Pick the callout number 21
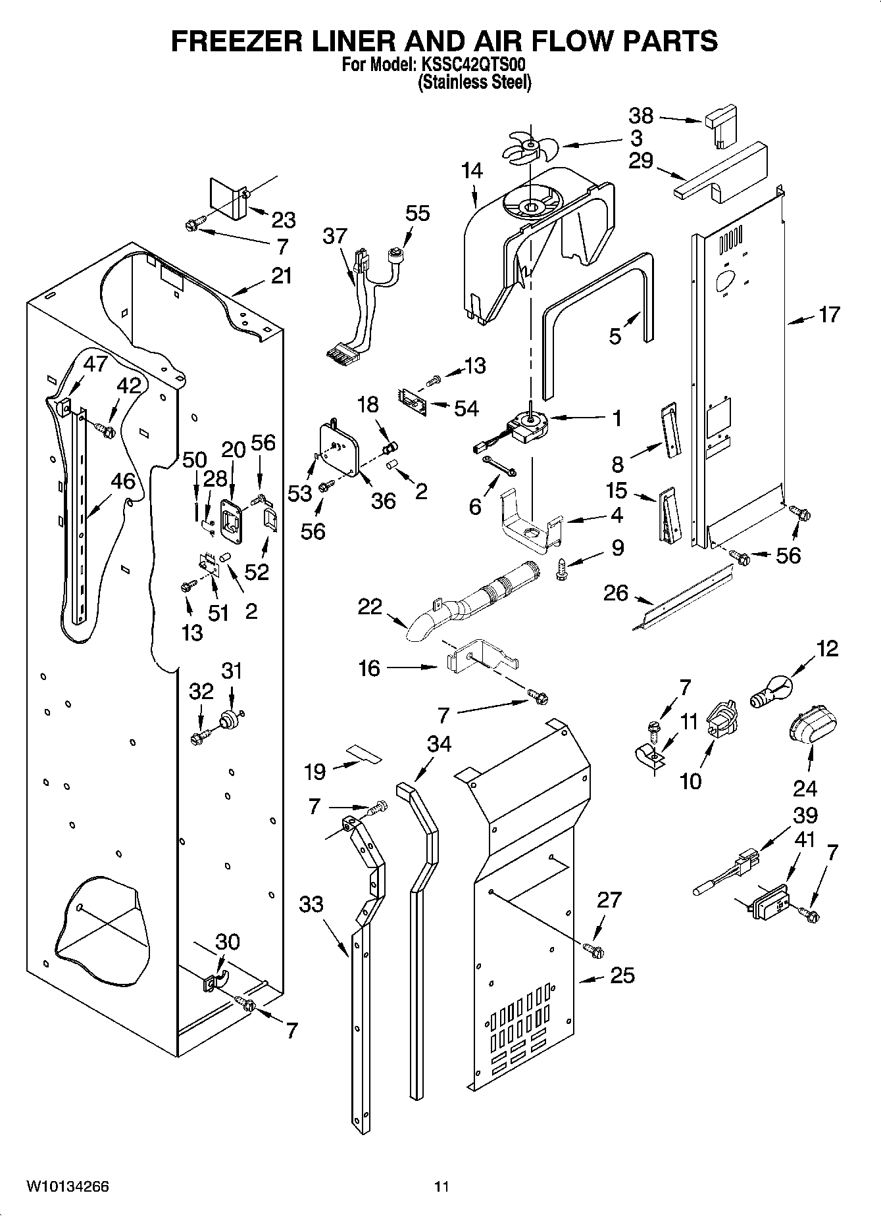pyautogui.click(x=281, y=276)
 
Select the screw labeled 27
pyautogui.click(x=593, y=949)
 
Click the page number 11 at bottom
pyautogui.click(x=441, y=1186)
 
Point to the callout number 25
pyautogui.click(x=622, y=975)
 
